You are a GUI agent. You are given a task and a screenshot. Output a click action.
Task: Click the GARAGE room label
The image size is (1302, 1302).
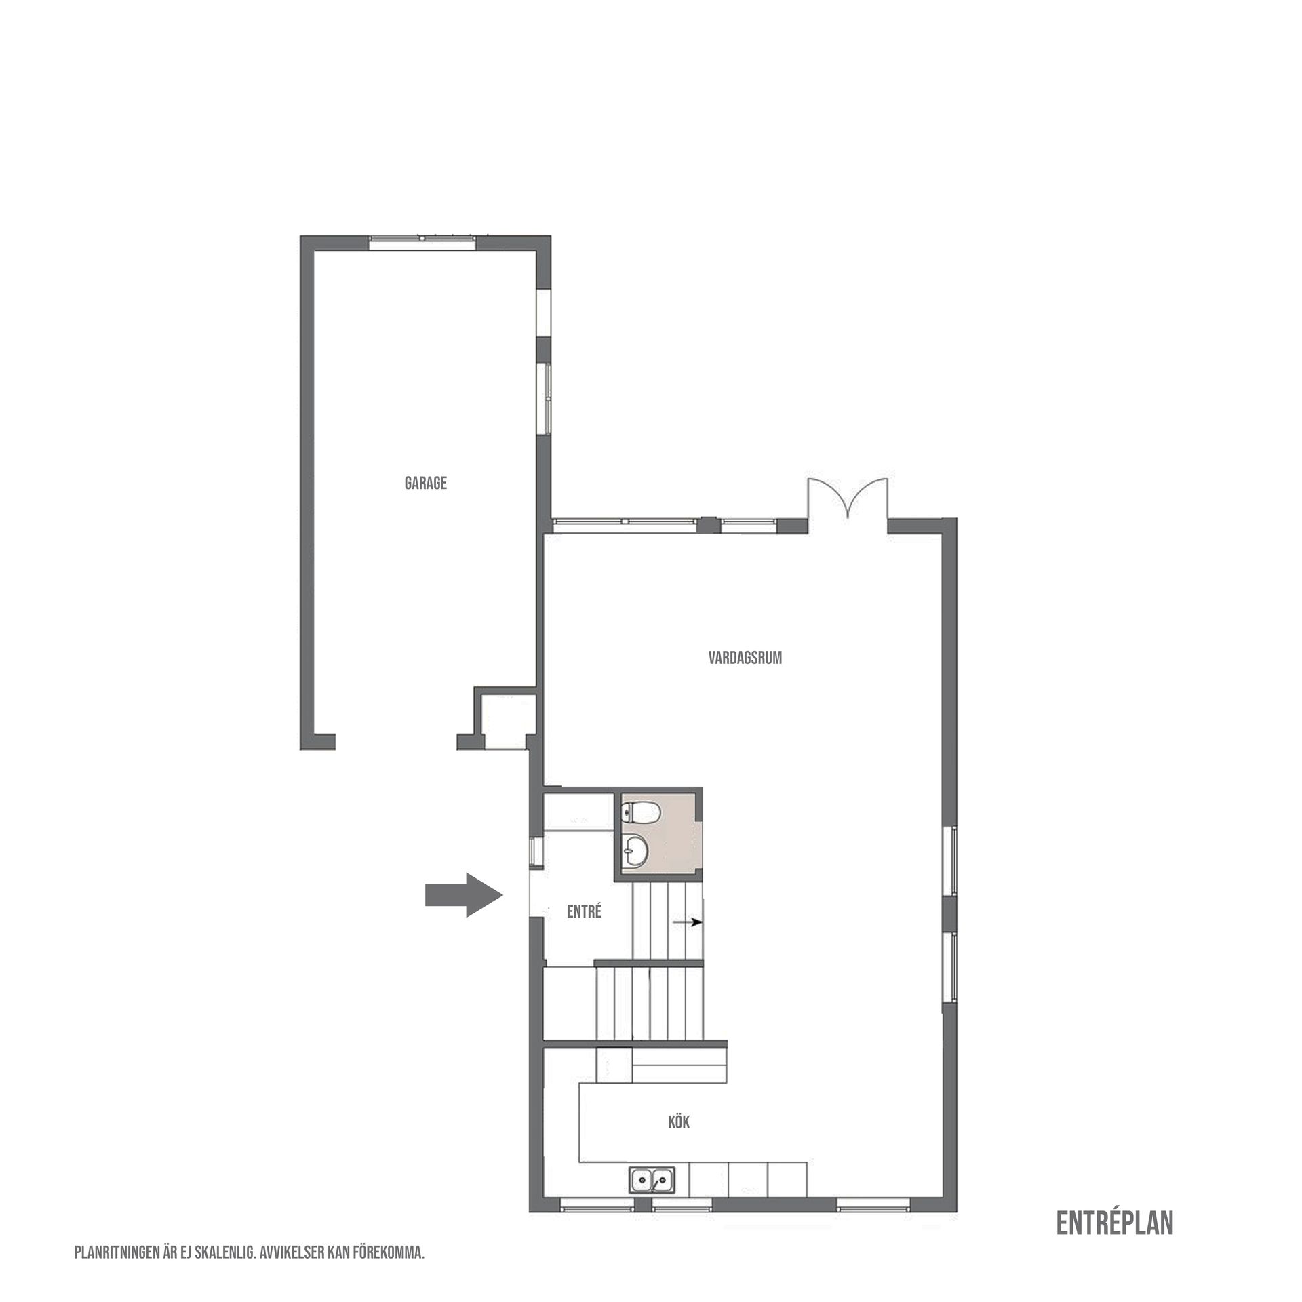coord(426,484)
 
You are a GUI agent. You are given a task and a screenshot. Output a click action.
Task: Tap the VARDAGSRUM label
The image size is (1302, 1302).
coord(745,658)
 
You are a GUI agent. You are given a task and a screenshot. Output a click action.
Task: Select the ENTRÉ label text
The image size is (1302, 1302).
coord(584,912)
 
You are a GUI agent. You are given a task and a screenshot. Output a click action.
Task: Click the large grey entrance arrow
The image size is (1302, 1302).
coord(463,894)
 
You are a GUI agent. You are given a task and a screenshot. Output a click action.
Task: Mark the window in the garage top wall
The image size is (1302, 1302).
coord(421,239)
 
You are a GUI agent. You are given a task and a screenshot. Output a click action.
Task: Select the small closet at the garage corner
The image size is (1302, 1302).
coord(504,721)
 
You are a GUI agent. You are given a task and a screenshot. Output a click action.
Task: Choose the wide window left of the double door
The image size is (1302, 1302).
coord(625,521)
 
